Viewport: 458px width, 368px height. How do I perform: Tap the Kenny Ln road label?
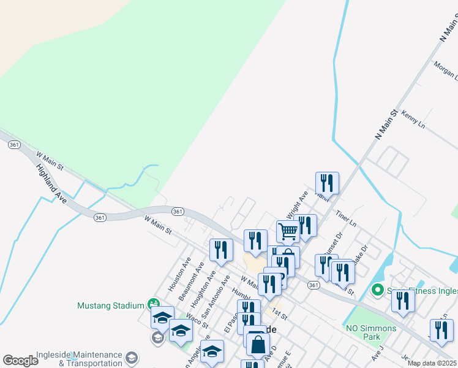click(413, 119)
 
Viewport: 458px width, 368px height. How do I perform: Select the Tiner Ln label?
click(346, 218)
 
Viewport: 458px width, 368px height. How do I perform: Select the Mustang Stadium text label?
click(111, 305)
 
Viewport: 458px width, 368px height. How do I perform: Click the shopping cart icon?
click(288, 232)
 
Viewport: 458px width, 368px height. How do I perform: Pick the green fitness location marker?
click(378, 290)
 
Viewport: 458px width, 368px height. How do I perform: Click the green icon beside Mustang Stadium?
click(154, 304)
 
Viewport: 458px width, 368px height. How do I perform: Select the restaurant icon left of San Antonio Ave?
click(221, 250)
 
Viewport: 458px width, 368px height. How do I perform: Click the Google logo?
click(20, 360)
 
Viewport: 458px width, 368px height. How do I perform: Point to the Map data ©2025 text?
click(432, 363)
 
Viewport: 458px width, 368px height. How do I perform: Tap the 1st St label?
click(280, 313)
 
